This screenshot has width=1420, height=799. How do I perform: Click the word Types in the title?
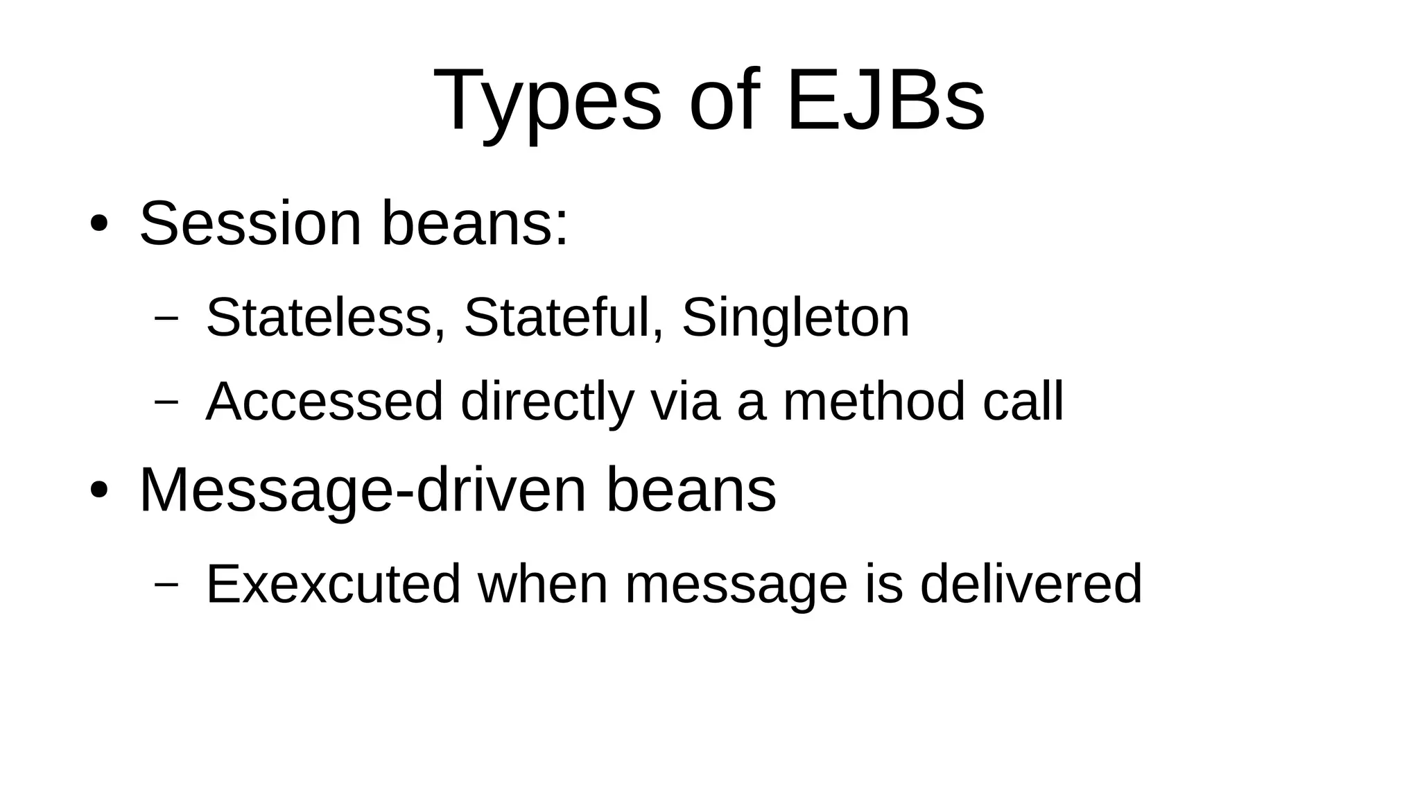(547, 101)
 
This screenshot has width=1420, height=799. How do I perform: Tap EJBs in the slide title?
(885, 101)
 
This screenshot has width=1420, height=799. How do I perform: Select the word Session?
(250, 223)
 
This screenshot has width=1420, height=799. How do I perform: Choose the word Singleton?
(795, 318)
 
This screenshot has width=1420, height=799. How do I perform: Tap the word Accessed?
(324, 402)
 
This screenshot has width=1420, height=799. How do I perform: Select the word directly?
(547, 402)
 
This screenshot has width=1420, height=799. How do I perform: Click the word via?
(684, 402)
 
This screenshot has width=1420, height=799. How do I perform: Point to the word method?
(874, 402)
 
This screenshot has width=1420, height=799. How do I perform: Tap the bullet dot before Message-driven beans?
(98, 490)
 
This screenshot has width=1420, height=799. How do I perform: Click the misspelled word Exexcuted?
(334, 584)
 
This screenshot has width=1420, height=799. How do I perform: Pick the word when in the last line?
(543, 584)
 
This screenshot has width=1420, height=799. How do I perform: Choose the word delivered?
(1030, 584)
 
